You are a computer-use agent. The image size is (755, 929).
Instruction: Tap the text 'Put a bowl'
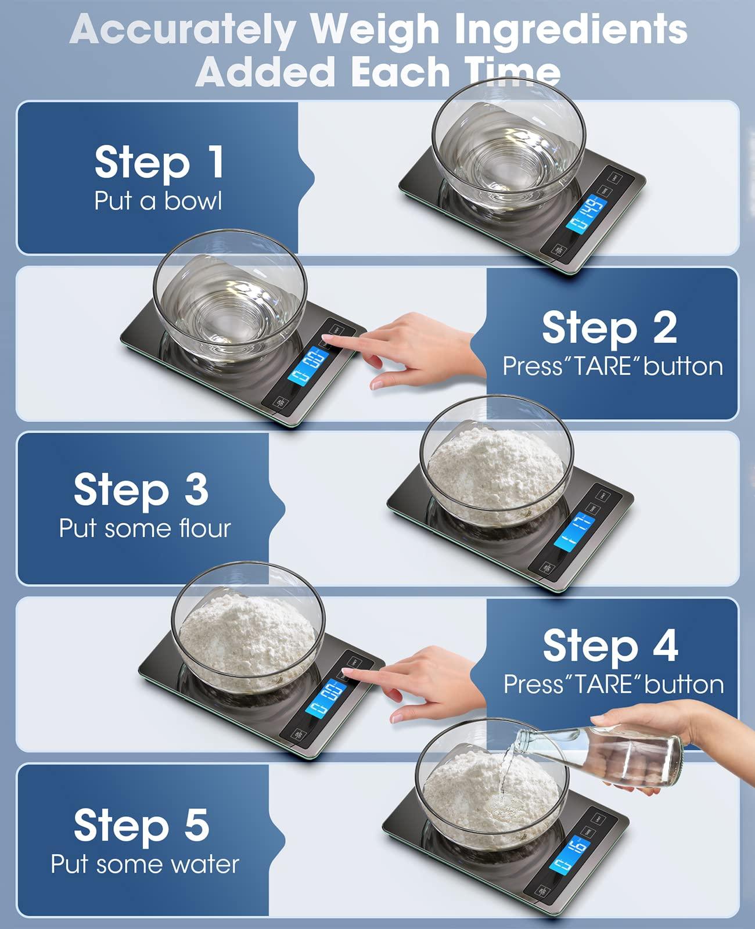click(158, 201)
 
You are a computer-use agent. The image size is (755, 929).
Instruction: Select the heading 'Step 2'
click(609, 327)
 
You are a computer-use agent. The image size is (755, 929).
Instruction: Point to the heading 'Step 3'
click(141, 489)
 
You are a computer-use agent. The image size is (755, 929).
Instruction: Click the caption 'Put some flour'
click(145, 528)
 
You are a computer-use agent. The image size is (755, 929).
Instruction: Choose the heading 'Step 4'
click(610, 646)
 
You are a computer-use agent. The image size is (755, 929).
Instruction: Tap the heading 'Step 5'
click(141, 825)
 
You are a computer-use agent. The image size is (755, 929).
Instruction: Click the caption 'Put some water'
click(145, 864)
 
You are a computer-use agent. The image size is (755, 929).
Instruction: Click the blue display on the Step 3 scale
click(574, 531)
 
